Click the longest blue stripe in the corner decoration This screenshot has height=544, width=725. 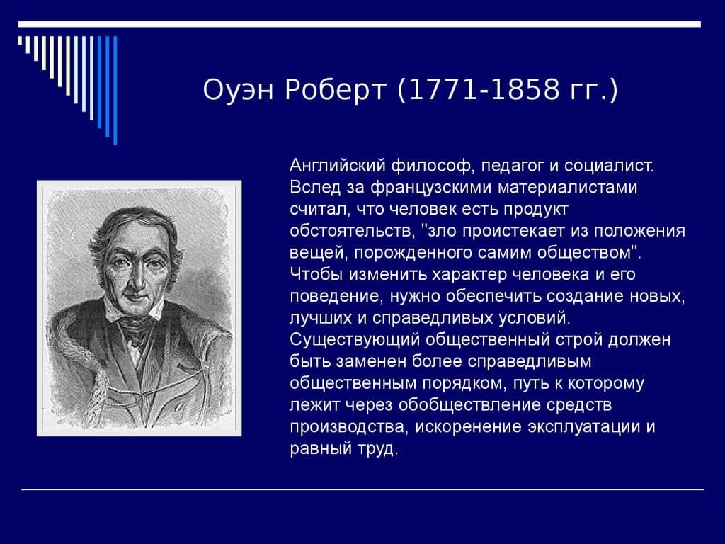tap(115, 89)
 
